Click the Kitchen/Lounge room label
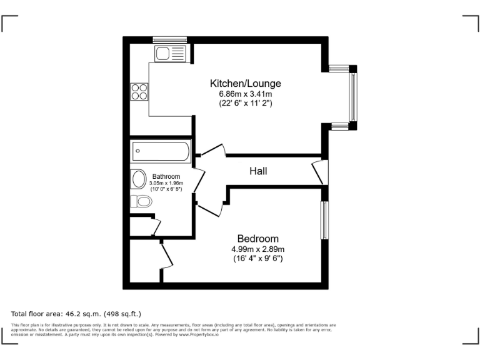click(x=245, y=83)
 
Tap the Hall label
click(x=258, y=170)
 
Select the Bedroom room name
click(x=257, y=239)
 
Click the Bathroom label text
click(x=166, y=177)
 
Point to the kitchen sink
click(x=170, y=52)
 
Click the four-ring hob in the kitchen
click(x=139, y=92)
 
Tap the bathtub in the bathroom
click(x=161, y=151)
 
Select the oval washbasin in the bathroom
click(x=138, y=179)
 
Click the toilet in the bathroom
click(x=141, y=201)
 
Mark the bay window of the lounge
click(x=352, y=97)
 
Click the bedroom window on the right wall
click(x=324, y=219)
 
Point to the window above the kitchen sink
click(x=170, y=40)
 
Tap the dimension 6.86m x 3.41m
click(x=245, y=94)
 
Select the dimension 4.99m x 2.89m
click(x=257, y=249)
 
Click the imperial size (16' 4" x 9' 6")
click(x=257, y=258)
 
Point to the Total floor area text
click(x=76, y=313)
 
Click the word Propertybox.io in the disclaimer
click(x=201, y=335)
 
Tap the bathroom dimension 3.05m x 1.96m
click(x=166, y=183)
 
